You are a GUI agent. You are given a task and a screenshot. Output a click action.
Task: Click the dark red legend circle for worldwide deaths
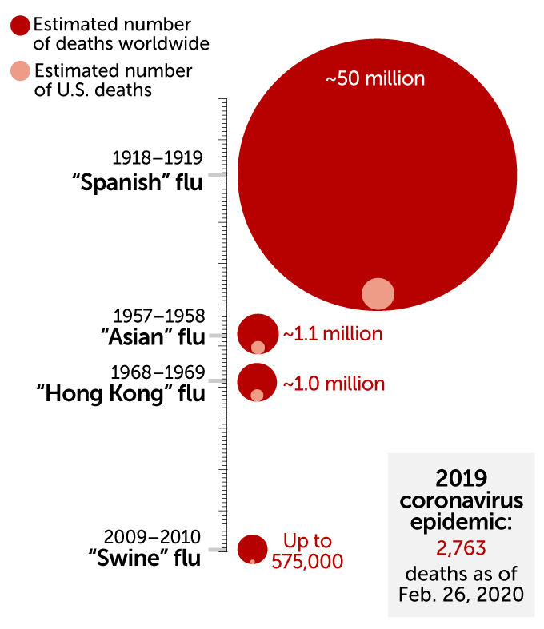21,26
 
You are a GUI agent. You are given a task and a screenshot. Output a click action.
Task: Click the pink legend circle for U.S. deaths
21,70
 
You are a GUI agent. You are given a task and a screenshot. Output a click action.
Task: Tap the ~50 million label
374,79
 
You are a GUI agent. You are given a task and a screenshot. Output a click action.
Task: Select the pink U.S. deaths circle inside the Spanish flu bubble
378,293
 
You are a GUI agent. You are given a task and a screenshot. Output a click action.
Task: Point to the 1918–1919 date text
157,157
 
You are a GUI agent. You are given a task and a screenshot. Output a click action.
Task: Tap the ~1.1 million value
332,334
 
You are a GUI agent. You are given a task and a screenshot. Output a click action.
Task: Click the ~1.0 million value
333,384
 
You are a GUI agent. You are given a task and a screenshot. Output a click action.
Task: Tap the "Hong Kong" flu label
121,393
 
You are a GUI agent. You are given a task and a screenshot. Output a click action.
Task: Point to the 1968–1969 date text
158,372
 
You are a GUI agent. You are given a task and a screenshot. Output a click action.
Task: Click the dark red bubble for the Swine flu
252,547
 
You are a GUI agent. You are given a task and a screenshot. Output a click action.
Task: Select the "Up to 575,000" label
307,551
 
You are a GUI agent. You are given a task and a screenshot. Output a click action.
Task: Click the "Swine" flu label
144,558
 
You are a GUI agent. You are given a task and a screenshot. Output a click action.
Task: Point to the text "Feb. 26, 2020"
461,595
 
